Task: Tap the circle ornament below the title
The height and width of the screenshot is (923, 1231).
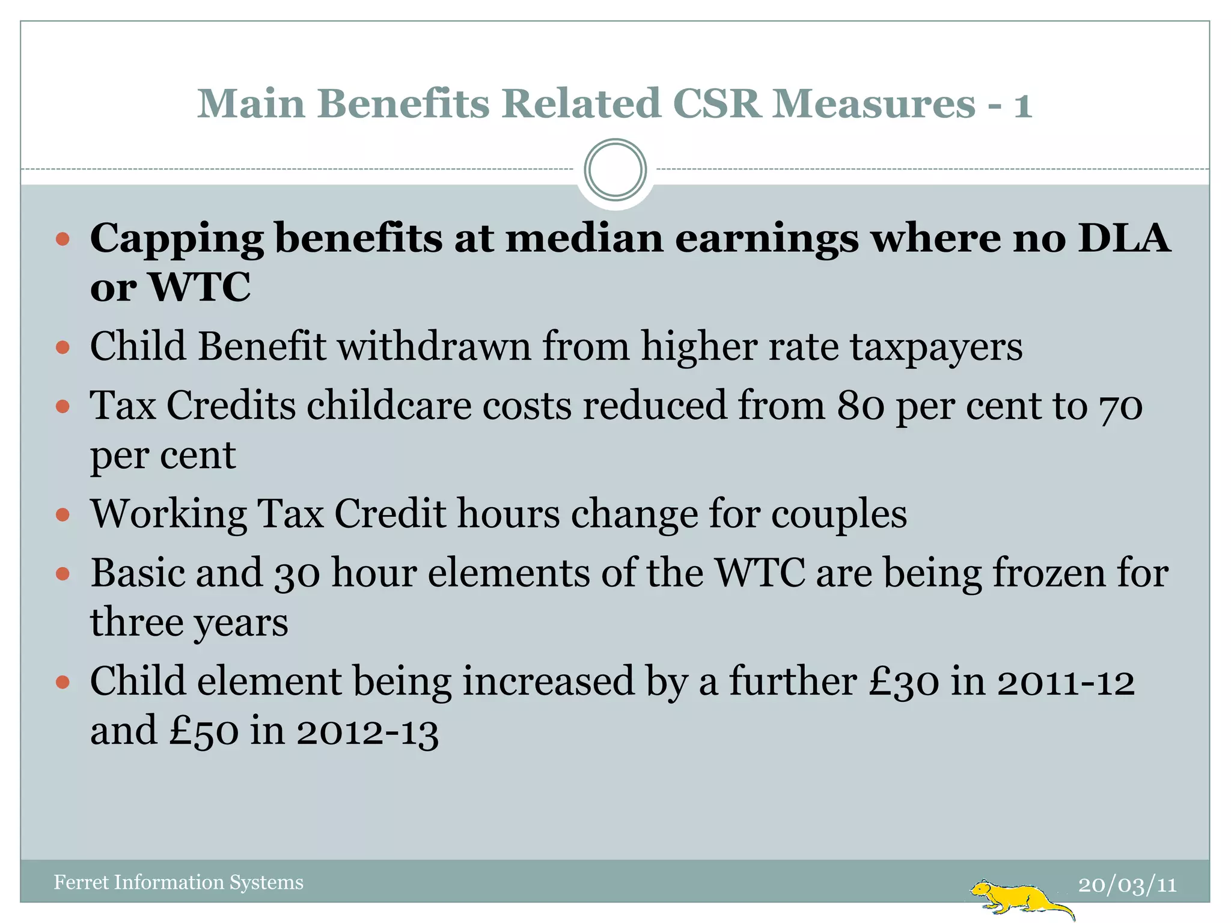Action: point(615,170)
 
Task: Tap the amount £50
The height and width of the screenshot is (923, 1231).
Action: point(204,731)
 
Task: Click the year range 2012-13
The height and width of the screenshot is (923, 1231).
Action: point(367,731)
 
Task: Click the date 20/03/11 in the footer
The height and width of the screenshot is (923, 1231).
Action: point(1127,885)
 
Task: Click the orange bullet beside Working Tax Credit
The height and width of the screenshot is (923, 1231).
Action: point(63,515)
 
